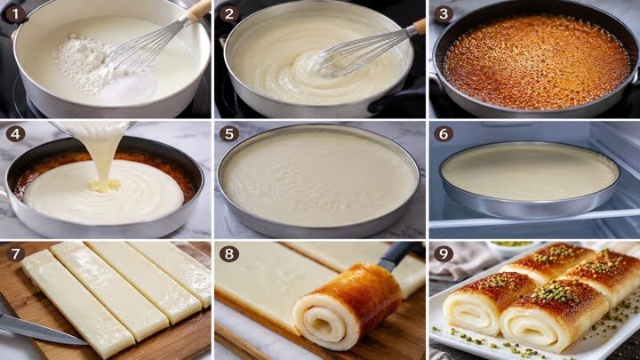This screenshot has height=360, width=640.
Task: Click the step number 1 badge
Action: (15, 14)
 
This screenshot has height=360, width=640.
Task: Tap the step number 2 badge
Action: (229, 14)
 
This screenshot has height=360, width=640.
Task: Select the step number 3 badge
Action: (444, 14)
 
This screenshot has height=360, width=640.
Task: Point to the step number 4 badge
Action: (15, 134)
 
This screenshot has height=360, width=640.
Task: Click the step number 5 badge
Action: (229, 134)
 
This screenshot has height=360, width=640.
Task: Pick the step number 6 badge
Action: (444, 134)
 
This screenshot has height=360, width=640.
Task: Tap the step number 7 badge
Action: (15, 254)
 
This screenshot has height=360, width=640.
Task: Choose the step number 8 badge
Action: (229, 254)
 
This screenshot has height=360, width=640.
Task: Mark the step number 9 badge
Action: (444, 254)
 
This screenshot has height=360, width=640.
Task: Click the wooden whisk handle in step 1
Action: (196, 10)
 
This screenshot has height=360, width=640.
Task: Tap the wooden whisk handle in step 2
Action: (419, 26)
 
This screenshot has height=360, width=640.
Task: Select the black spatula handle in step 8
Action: (399, 255)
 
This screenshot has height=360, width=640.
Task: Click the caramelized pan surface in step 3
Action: (537, 61)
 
